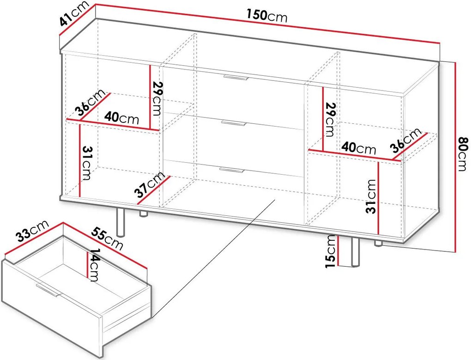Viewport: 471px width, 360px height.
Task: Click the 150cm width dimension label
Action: click(267, 16)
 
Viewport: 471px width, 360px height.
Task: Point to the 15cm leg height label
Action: click(331, 251)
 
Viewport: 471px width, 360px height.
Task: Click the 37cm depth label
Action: click(149, 184)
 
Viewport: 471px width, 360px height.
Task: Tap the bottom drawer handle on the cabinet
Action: click(231, 170)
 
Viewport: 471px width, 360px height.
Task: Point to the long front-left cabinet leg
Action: click(121, 222)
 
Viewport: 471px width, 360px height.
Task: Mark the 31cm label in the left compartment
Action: click(86, 163)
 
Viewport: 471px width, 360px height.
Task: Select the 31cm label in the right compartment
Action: click(371, 196)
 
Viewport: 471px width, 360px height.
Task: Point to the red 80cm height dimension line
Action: click(455, 157)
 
